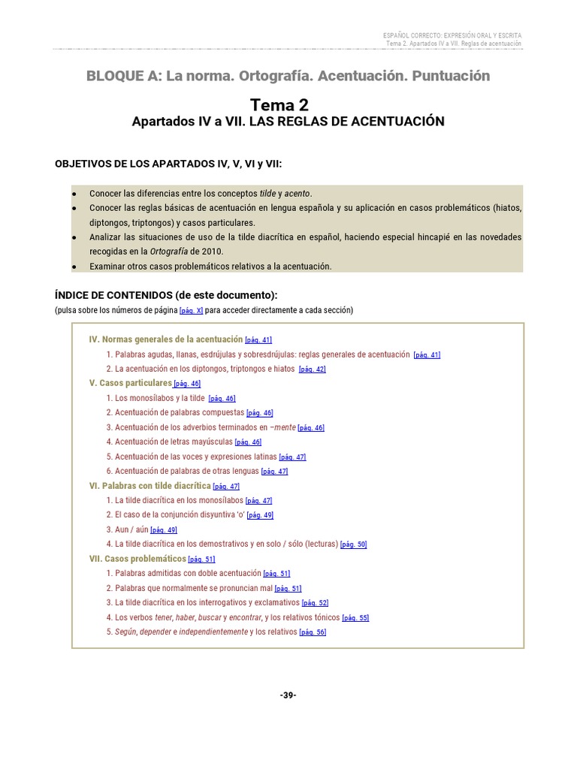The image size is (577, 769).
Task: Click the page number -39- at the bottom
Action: (288, 695)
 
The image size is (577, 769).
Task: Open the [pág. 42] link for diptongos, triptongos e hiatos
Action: (312, 369)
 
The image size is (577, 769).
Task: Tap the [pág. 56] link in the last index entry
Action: (313, 633)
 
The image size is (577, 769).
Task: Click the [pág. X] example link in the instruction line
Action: (191, 311)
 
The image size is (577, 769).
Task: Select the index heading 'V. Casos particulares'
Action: (131, 383)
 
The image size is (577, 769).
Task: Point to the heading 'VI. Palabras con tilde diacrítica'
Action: (150, 486)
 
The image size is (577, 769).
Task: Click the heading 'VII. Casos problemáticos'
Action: (137, 559)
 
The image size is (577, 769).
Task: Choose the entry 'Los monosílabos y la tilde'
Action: (159, 398)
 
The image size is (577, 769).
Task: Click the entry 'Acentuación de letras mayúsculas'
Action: (174, 442)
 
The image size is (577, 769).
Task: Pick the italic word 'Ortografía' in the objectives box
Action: (168, 252)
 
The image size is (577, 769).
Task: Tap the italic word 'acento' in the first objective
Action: (298, 194)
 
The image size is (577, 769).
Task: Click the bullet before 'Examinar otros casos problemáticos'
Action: (74, 267)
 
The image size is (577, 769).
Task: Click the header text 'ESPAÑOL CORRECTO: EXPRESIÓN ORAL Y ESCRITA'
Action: (452, 35)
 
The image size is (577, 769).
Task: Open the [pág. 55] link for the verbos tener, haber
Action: (355, 618)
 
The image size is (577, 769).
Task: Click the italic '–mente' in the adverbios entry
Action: (284, 427)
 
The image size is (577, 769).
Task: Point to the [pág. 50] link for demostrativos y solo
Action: (353, 545)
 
